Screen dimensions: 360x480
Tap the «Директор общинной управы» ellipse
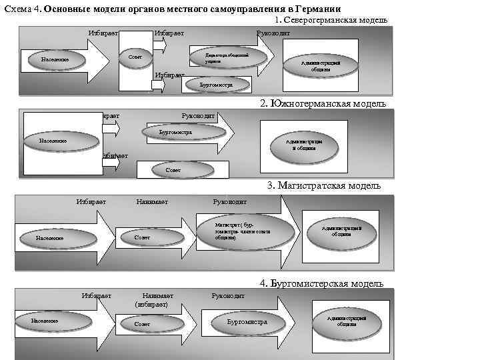pos(223,57)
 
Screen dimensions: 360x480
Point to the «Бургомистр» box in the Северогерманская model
pos(216,85)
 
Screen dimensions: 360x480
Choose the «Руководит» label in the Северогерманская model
pos(273,33)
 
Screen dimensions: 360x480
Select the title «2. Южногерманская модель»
pos(323,103)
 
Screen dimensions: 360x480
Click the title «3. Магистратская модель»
pos(324,185)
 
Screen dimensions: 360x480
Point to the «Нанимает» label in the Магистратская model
pos(152,201)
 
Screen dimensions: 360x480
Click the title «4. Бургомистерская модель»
pos(323,283)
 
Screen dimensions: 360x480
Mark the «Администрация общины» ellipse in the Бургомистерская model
pos(347,321)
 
